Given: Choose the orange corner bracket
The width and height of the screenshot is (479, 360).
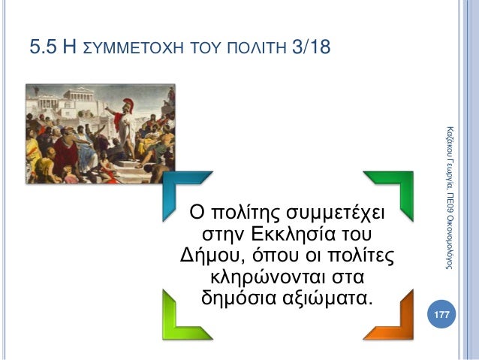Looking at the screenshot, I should [x=390, y=316].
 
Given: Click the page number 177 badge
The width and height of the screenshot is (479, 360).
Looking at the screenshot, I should [x=441, y=313].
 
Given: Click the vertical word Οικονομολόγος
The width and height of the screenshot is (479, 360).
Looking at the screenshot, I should [x=447, y=240].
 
